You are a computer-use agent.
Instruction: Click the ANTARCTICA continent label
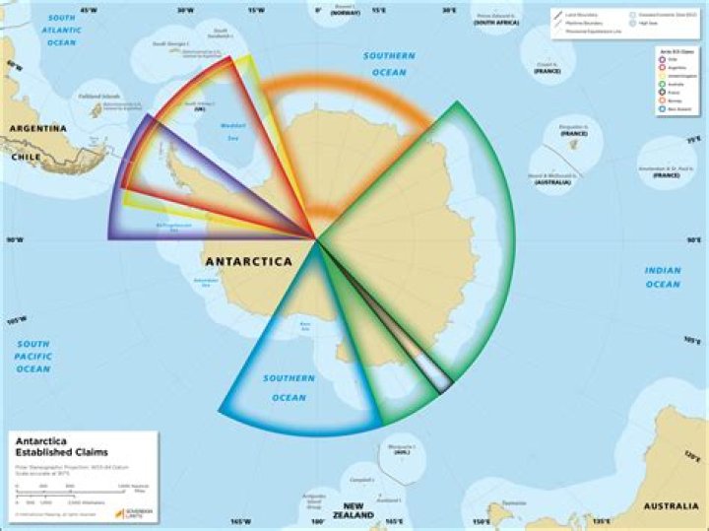click(x=248, y=262)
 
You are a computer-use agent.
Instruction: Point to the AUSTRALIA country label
click(x=672, y=506)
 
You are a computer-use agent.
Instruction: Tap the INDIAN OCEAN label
click(x=663, y=277)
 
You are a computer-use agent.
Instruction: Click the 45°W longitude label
click(x=88, y=11)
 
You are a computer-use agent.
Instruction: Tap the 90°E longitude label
click(x=693, y=239)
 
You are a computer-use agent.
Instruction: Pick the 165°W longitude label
click(x=240, y=521)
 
